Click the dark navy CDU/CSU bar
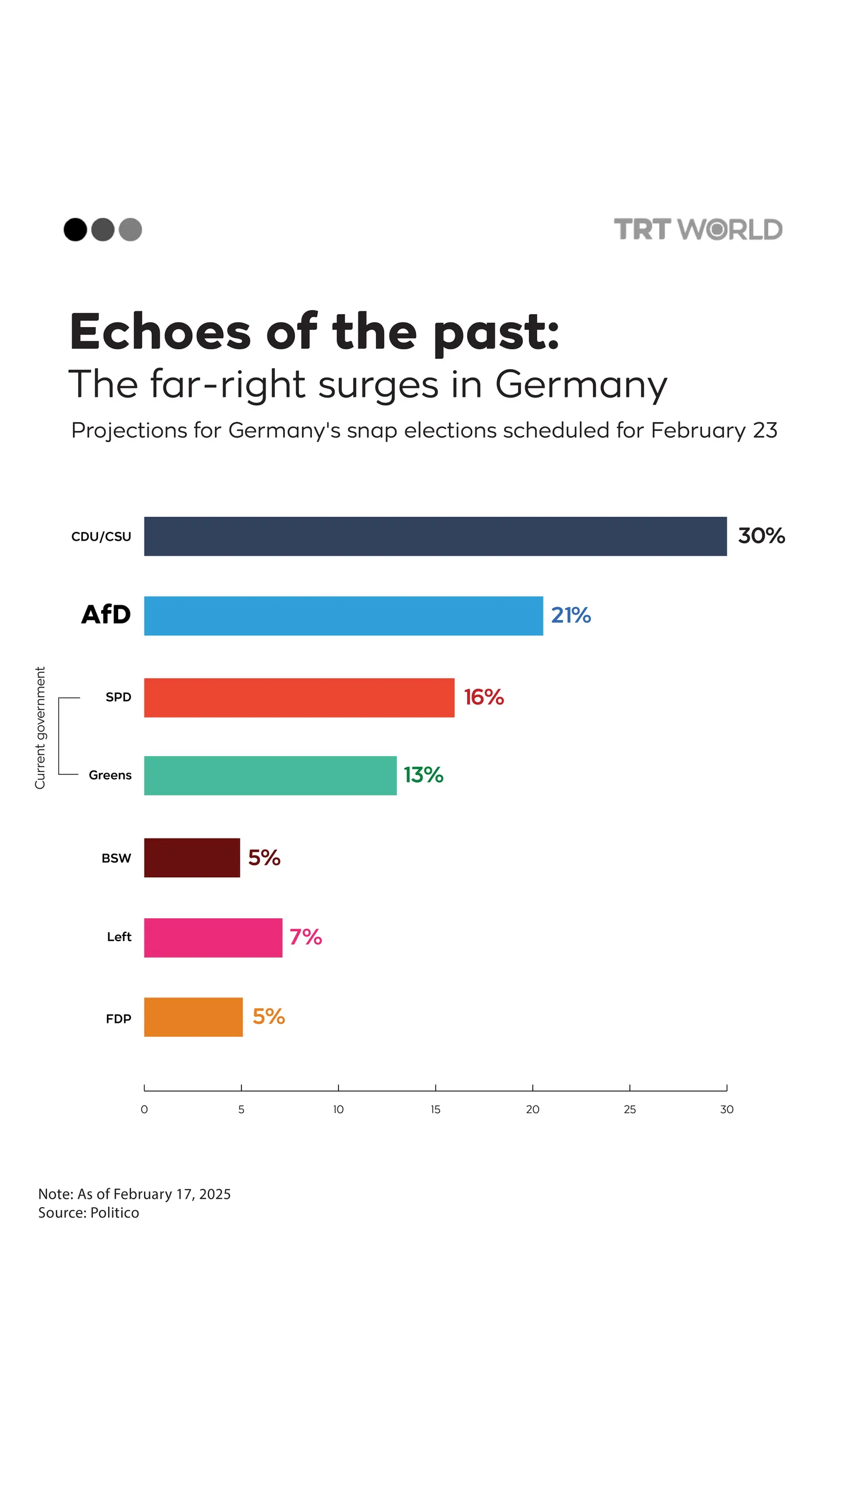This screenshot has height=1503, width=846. [x=435, y=536]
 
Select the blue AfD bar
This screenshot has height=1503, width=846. [x=343, y=616]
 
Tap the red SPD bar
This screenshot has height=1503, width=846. [x=299, y=697]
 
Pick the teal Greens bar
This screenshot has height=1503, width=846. [x=270, y=776]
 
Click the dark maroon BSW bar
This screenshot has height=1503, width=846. [x=192, y=858]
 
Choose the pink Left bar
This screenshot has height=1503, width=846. [x=213, y=938]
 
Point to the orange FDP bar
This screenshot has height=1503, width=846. [x=193, y=1017]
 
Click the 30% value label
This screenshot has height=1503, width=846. [x=761, y=535]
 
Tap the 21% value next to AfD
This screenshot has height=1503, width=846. [x=570, y=615]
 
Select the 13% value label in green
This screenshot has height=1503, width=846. [x=423, y=775]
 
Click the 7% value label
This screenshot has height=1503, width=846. [x=305, y=937]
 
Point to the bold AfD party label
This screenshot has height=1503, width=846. [x=106, y=615]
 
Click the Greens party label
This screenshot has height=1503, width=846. [x=110, y=775]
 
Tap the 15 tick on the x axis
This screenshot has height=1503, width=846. [x=435, y=1109]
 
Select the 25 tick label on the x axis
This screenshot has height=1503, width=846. [x=629, y=1109]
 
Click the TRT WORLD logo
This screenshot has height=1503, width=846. [x=697, y=230]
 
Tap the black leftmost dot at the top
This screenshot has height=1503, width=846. [x=75, y=230]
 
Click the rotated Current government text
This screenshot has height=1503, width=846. [x=40, y=727]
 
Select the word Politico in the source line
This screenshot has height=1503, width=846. [x=115, y=1213]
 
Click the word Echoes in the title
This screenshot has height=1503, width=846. [x=160, y=332]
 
